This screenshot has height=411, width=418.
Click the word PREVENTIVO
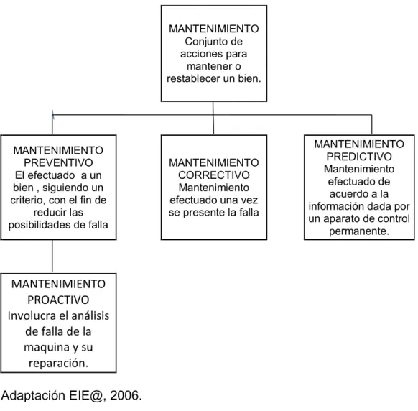[58, 162]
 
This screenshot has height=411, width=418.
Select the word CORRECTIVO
[214, 175]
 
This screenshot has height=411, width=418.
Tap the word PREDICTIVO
[359, 157]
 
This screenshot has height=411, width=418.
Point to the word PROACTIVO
[58, 300]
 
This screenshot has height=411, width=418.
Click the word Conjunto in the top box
[203, 42]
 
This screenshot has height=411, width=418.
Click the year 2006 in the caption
[124, 395]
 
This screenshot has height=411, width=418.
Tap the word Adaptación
[33, 395]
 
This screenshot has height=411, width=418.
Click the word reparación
[58, 364]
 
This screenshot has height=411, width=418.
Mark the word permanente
[359, 231]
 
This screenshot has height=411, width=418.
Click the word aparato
[343, 219]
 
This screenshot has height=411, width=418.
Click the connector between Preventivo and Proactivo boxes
[52, 256]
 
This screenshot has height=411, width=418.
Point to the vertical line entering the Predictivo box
[371, 124]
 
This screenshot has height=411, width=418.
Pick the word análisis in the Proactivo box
[91, 315]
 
